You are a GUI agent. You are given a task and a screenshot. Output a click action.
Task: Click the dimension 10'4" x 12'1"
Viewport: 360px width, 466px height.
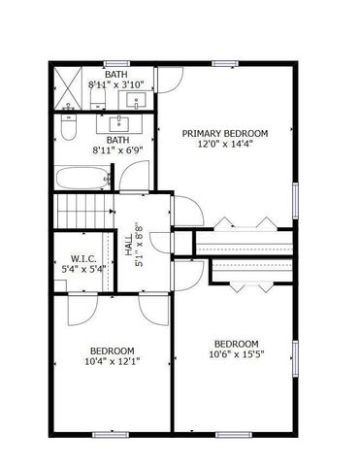(113, 361)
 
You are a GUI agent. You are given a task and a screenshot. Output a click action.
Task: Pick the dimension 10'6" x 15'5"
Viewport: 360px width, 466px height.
(236, 354)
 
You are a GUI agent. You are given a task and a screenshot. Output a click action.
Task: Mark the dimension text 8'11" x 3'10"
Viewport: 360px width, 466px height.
(116, 84)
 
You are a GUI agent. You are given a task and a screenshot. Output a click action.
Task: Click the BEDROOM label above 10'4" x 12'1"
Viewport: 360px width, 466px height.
(113, 350)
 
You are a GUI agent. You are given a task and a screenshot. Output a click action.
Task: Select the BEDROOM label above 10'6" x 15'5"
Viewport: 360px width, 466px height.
(236, 344)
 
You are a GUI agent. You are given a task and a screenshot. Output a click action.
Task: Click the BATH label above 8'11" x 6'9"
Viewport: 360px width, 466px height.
(116, 140)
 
